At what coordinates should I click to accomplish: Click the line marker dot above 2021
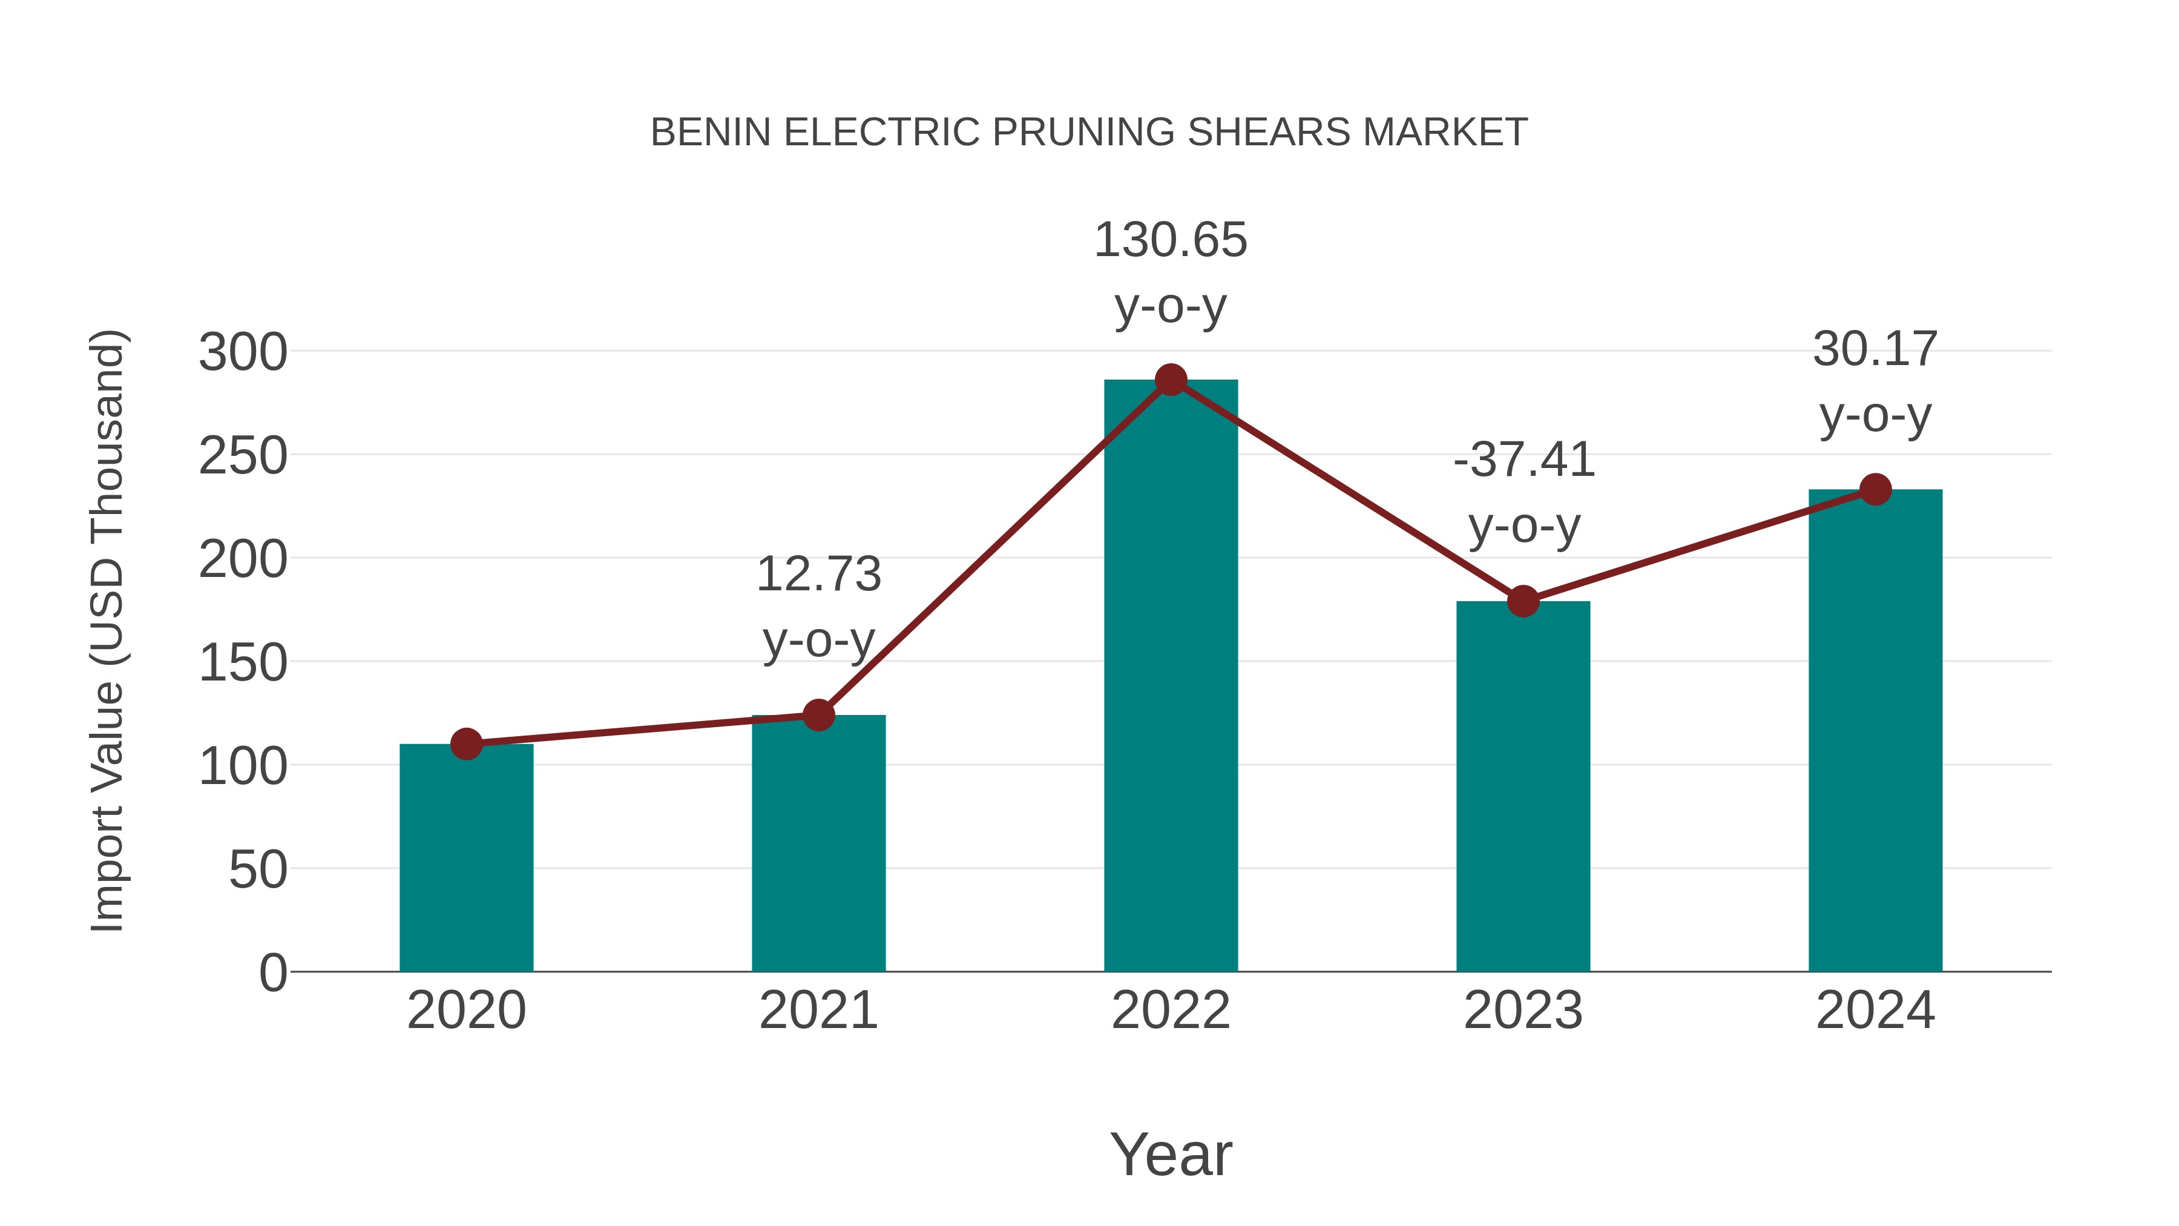click(818, 715)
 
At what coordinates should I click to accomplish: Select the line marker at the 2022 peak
click(1171, 380)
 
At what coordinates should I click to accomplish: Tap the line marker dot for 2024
click(1875, 489)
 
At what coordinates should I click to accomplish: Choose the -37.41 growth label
click(1523, 460)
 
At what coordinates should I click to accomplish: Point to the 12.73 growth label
click(818, 575)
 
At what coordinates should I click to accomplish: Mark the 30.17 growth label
click(1875, 349)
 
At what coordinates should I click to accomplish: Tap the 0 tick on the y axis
click(272, 972)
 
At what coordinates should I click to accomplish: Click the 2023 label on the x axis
click(1523, 1010)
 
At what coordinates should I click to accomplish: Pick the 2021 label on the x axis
click(818, 1010)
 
